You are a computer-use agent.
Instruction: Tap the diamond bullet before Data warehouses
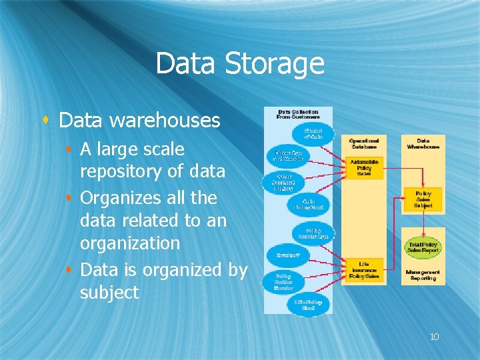(x=46, y=120)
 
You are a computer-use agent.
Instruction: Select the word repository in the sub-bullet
(x=121, y=171)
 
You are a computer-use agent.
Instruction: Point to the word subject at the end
(x=109, y=292)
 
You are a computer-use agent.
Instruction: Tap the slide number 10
(x=434, y=337)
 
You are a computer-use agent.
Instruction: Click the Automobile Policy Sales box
(x=364, y=167)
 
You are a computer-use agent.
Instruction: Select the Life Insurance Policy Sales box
(x=364, y=269)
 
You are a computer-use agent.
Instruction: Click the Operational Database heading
(x=364, y=144)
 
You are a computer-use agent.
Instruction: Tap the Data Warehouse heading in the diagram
(x=423, y=144)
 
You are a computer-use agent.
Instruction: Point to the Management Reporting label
(x=423, y=275)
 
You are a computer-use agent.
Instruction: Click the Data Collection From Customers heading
(x=297, y=114)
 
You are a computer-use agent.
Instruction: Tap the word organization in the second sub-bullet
(x=129, y=243)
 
